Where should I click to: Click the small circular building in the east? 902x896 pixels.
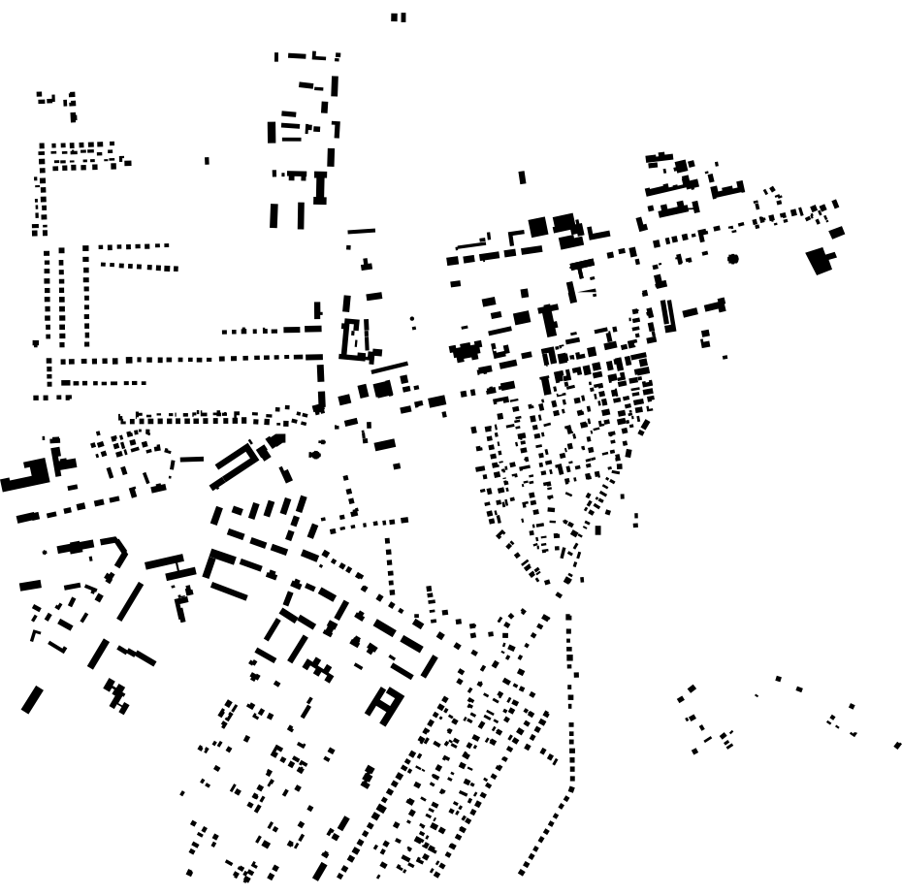coord(733,259)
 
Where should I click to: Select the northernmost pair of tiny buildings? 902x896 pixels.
coord(399,17)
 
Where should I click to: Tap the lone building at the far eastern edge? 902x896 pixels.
coord(898,746)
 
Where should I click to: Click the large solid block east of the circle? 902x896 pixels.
coord(821,261)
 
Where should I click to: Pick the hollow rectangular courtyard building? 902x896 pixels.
coord(356,340)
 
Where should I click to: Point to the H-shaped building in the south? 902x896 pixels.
coord(385,704)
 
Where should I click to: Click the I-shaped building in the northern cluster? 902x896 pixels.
coord(319,187)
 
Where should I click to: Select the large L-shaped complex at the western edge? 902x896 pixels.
coord(29,476)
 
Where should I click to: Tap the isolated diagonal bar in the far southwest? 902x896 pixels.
coord(32,699)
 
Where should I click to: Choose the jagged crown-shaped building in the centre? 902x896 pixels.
coord(467,351)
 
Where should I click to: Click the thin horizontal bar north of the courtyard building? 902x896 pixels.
coord(361,231)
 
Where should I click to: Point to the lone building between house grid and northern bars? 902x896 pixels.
coord(207,161)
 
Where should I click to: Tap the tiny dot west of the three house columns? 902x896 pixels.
coord(36,343)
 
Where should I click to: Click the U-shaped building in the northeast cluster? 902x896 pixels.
coord(726,188)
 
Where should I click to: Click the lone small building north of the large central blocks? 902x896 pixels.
coord(522,177)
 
